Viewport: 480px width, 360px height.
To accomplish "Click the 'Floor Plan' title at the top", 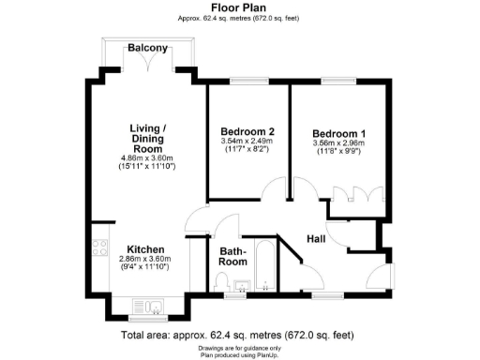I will pyautogui.click(x=239, y=7).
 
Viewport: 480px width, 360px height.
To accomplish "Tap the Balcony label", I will pyautogui.click(x=148, y=48).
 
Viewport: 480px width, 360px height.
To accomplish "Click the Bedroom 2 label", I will pyautogui.click(x=247, y=130).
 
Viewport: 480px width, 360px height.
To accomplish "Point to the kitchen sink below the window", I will pyautogui.click(x=148, y=305).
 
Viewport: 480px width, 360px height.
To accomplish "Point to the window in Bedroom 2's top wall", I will pyautogui.click(x=247, y=82).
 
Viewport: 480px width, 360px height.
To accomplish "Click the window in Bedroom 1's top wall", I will pyautogui.click(x=338, y=82).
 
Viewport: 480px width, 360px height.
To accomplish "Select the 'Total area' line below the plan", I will pyautogui.click(x=239, y=335).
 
